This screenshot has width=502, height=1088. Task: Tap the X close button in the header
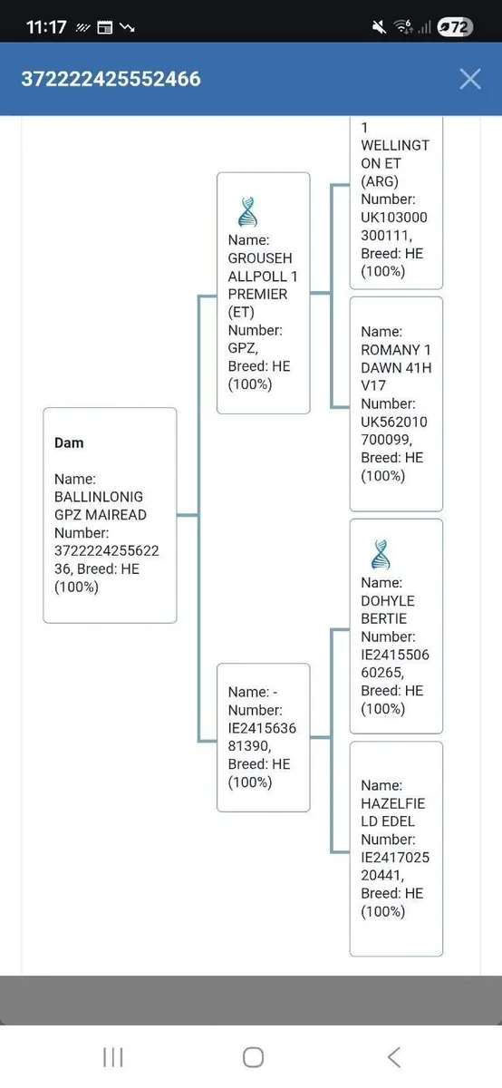point(470,79)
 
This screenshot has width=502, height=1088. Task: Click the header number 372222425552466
point(111,79)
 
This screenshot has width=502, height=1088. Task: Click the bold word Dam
point(69,443)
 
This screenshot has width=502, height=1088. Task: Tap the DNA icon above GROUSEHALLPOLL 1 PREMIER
point(247,212)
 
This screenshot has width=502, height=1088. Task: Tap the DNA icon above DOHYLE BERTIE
point(381,554)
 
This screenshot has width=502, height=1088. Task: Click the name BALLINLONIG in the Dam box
point(99,497)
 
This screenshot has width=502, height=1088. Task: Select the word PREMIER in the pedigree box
point(258,295)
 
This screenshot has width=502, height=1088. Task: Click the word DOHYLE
point(388,601)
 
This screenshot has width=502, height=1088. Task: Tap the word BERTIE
point(383,618)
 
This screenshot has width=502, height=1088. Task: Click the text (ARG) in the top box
point(380,181)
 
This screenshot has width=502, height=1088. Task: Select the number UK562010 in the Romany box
point(394,423)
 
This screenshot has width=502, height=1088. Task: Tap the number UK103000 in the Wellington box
point(394,218)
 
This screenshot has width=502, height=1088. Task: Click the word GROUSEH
point(260,257)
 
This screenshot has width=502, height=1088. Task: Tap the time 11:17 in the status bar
point(46,27)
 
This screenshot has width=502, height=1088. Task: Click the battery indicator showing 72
point(455,27)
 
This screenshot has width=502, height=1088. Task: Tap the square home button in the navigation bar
point(253,1057)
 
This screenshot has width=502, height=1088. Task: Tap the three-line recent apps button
point(113,1057)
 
